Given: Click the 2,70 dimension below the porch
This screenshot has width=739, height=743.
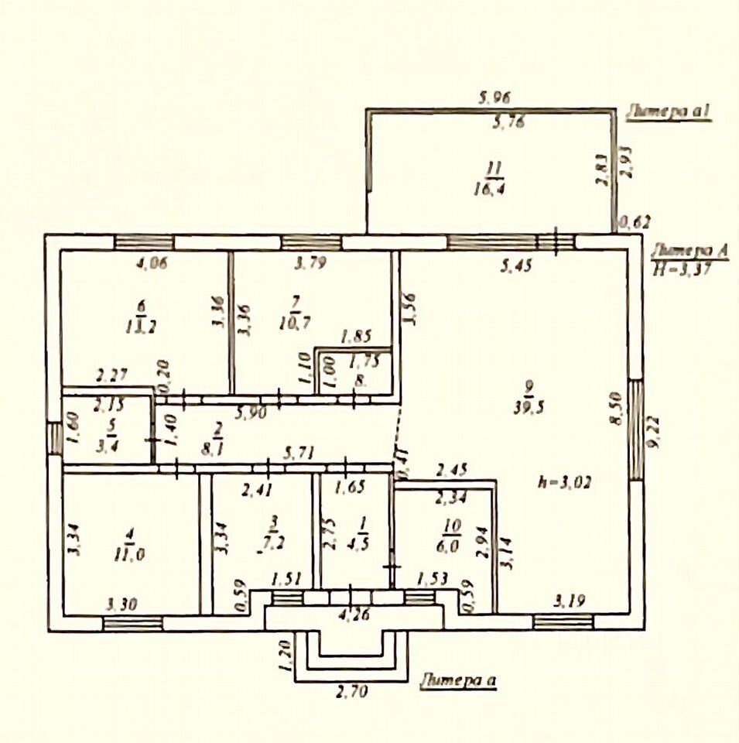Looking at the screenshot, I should [352, 691].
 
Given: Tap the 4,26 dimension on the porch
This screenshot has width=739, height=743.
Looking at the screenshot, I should [353, 617].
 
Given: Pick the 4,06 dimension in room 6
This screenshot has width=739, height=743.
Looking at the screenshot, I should [152, 262].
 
